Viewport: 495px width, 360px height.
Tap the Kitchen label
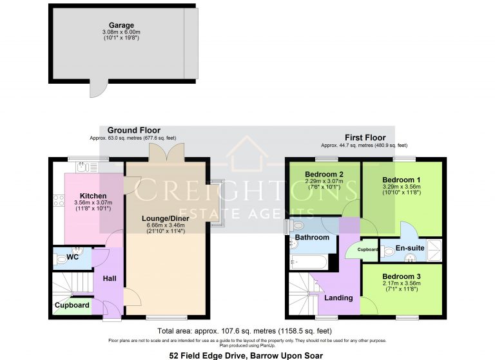coord(93,196)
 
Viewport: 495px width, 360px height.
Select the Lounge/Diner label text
coord(166,219)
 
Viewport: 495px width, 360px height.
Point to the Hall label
coord(109,278)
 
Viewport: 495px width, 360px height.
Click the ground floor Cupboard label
coord(72,305)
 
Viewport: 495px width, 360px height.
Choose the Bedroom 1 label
coord(402,180)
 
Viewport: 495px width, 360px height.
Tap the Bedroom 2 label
coord(323,174)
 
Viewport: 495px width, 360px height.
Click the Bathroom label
coord(312,238)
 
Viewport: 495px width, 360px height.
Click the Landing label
coord(338,298)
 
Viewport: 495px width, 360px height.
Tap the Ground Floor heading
coord(133,130)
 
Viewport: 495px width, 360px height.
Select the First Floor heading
coord(365,137)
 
